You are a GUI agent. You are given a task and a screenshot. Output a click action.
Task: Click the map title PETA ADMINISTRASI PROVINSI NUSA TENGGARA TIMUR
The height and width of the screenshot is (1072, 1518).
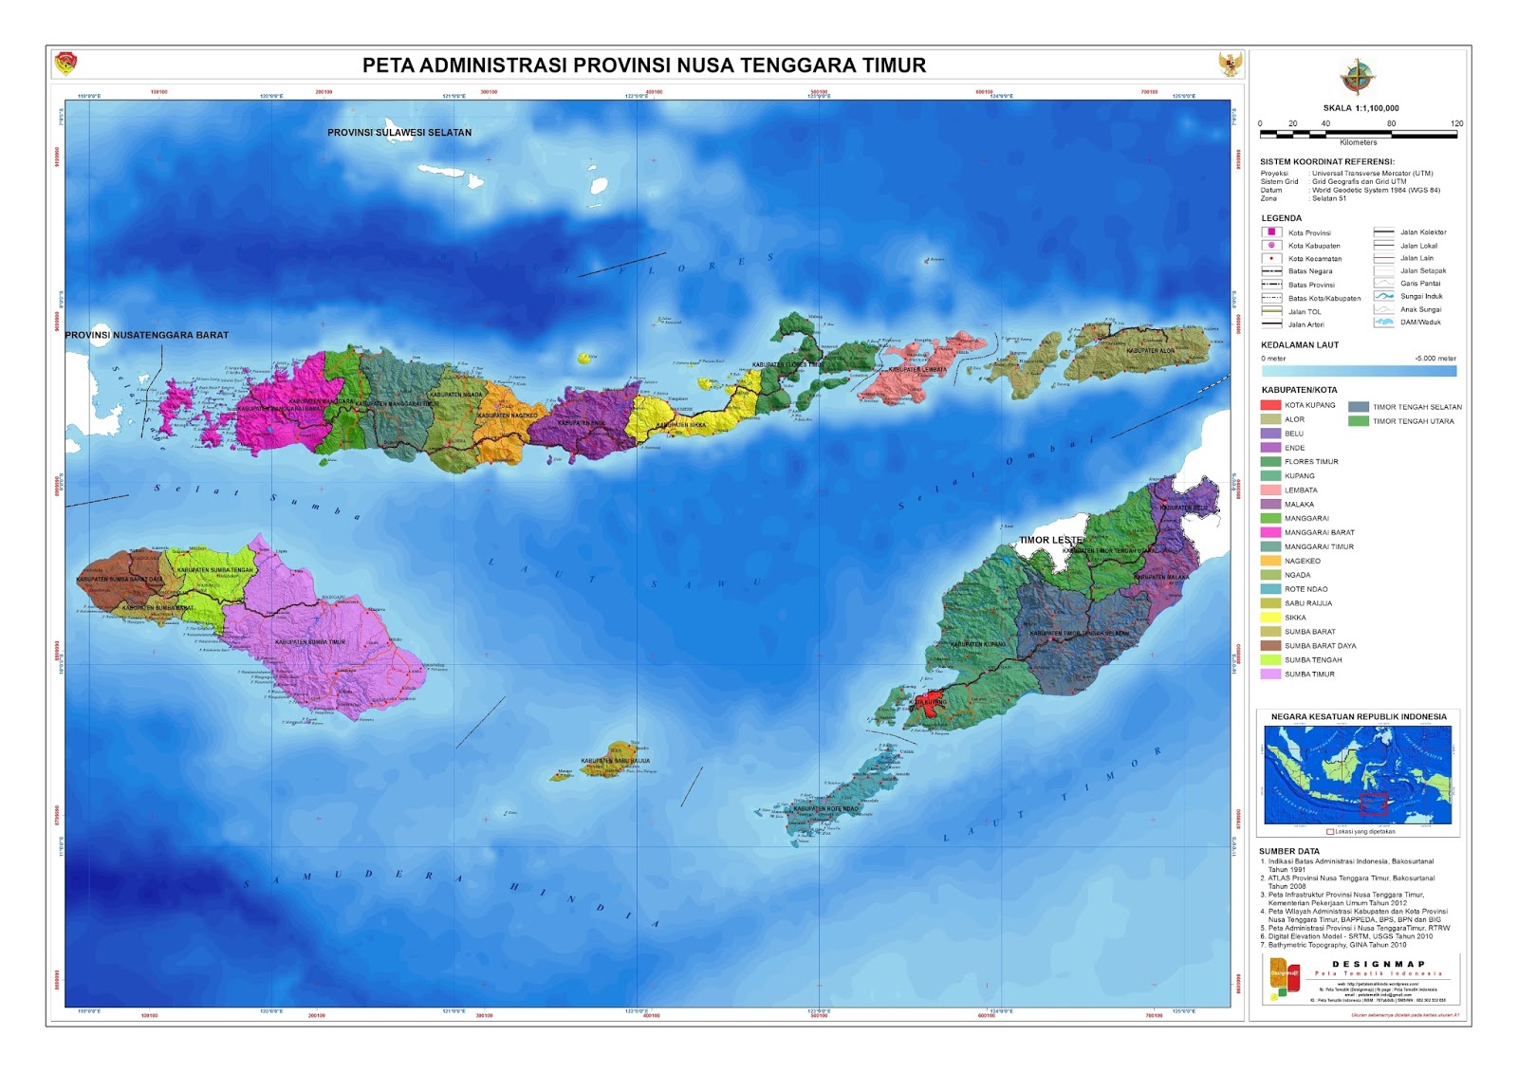click(644, 65)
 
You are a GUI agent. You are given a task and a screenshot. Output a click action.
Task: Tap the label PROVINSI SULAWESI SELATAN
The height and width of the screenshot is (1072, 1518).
click(399, 133)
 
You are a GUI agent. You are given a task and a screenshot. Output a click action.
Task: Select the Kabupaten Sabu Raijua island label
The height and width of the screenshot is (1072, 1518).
click(615, 761)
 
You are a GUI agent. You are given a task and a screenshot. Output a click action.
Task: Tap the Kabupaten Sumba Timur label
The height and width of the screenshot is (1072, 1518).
click(310, 642)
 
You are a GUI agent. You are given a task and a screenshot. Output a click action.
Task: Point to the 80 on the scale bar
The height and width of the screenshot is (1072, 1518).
click(1391, 123)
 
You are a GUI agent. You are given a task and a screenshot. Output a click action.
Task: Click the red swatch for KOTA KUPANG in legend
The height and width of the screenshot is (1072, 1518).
click(1270, 405)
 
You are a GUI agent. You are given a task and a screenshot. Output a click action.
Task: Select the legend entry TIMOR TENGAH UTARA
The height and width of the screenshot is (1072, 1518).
click(1413, 421)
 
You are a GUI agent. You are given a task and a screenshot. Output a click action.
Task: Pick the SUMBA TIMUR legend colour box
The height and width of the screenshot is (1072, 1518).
click(1270, 675)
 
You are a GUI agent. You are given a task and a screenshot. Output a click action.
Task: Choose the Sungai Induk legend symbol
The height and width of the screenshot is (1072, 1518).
click(1384, 297)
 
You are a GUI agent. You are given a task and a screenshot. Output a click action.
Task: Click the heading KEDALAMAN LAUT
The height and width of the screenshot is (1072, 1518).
click(1299, 345)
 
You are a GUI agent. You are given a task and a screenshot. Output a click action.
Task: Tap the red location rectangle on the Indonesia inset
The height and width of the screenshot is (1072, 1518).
click(1374, 804)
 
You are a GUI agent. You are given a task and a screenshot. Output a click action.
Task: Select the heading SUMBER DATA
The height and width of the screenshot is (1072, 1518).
click(1288, 852)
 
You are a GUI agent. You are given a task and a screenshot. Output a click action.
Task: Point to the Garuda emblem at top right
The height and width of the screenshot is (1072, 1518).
click(1230, 65)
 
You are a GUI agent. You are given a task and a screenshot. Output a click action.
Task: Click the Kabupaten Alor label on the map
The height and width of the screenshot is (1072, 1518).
click(1150, 351)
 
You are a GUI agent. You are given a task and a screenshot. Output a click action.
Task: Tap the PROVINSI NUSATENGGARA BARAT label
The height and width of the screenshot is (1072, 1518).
click(146, 335)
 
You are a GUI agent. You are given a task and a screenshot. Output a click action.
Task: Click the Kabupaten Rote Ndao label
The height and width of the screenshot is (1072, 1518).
click(825, 809)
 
